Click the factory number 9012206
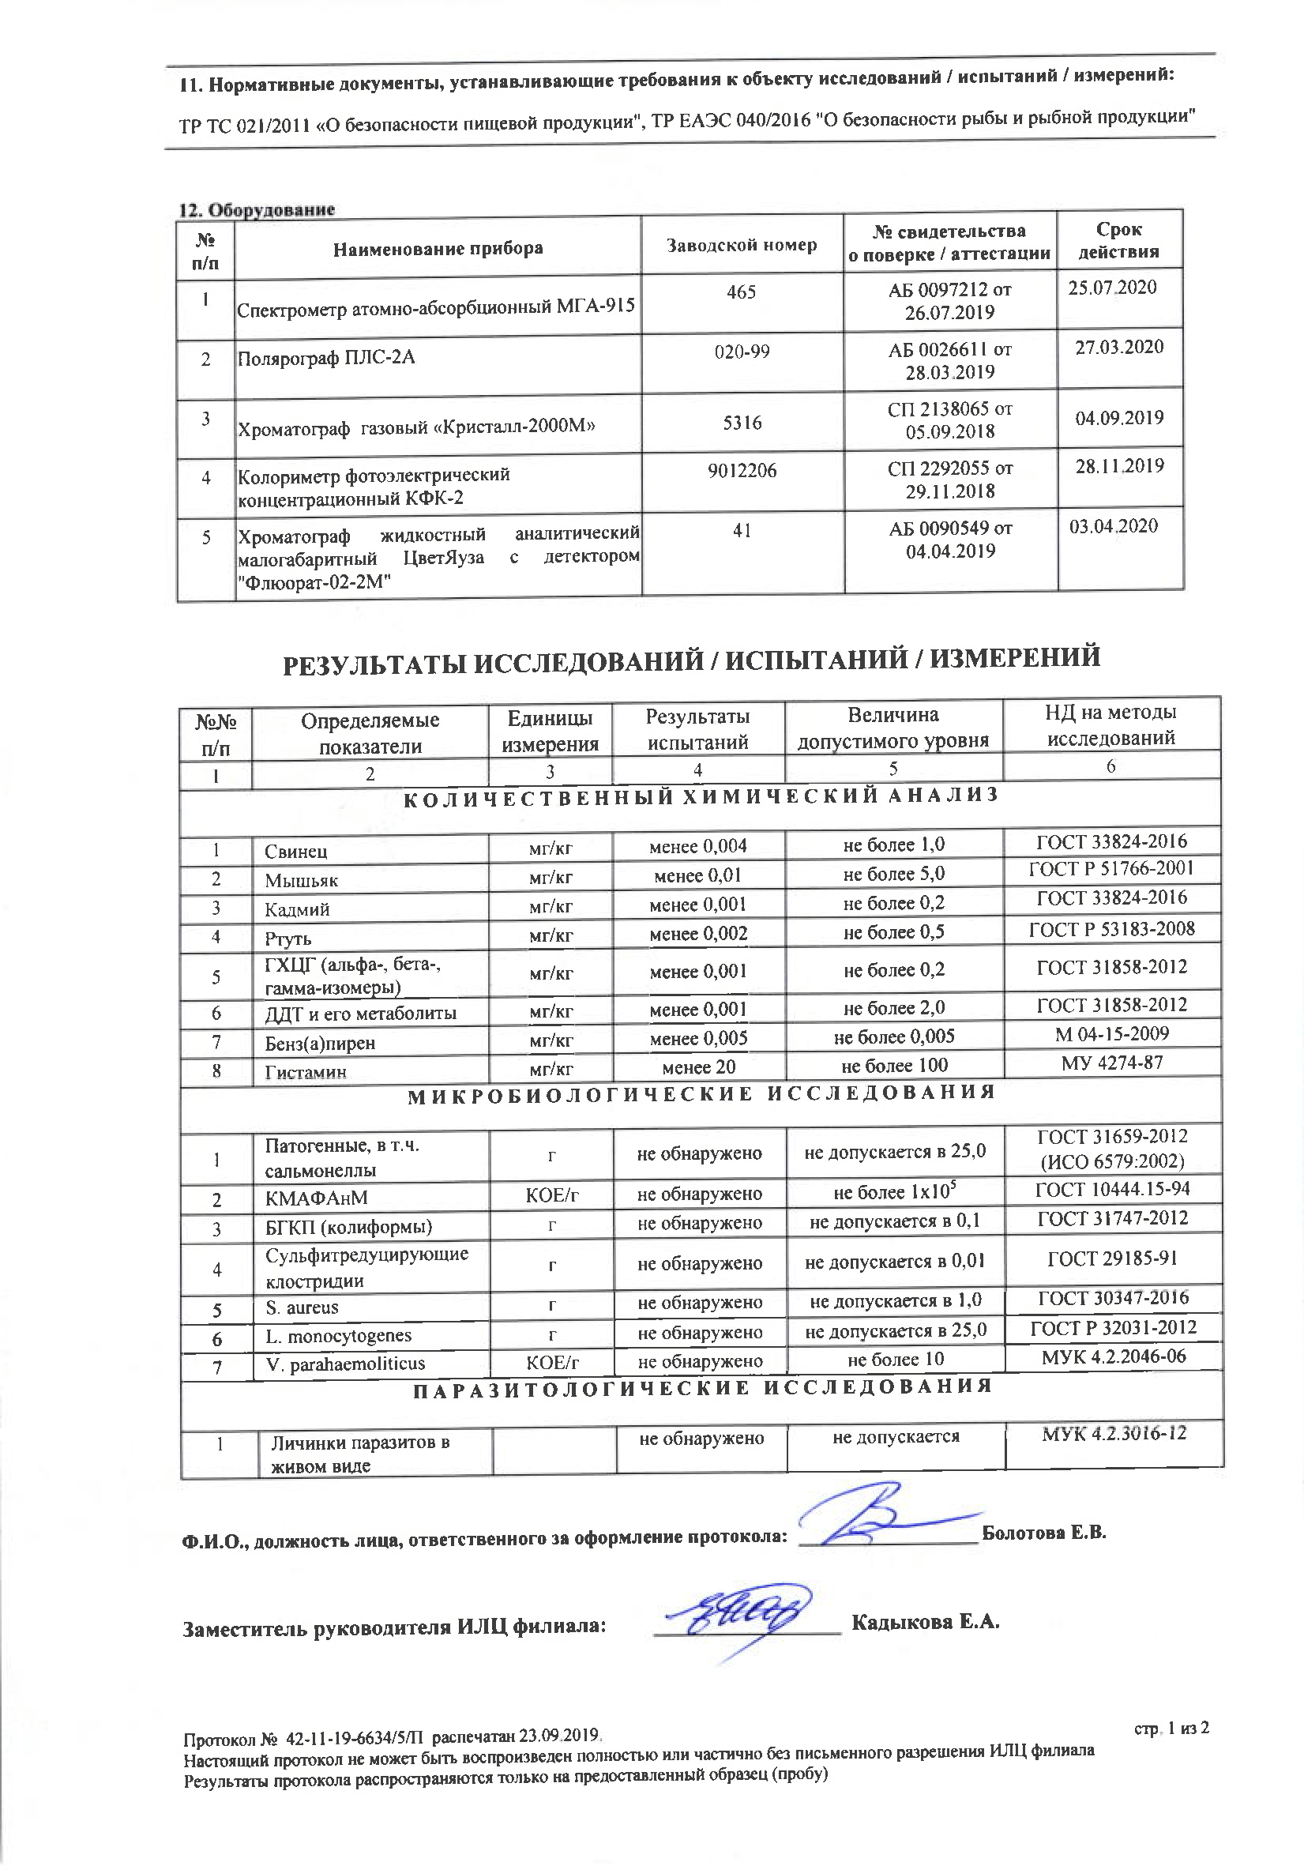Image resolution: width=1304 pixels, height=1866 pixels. (x=742, y=471)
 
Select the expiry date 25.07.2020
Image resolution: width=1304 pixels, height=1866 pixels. (x=1111, y=288)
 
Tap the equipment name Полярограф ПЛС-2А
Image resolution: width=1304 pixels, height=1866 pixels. (x=325, y=359)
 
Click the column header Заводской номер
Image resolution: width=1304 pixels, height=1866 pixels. (x=741, y=246)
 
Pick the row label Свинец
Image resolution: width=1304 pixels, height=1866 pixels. (x=295, y=851)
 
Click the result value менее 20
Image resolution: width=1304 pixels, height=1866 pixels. (x=698, y=1067)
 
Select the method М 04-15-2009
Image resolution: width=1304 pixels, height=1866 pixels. (x=1111, y=1034)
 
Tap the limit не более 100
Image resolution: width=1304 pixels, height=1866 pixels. (x=894, y=1066)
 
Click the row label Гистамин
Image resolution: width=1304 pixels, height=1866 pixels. (x=306, y=1072)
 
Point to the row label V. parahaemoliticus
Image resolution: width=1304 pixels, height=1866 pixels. (x=345, y=1364)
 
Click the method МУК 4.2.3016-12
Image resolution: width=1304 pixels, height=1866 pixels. (x=1114, y=1434)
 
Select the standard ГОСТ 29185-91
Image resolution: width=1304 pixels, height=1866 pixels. (x=1112, y=1259)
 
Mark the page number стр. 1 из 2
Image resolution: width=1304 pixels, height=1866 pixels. (x=1171, y=1728)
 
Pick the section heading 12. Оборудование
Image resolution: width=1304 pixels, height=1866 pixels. (x=257, y=209)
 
